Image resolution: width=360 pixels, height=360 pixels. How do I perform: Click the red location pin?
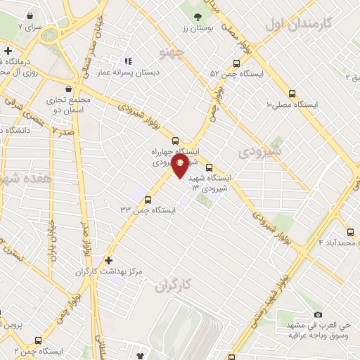tap(180, 167)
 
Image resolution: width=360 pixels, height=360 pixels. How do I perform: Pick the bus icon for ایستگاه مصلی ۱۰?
tap(292, 93)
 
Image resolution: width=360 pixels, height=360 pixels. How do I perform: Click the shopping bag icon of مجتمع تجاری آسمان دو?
tap(68, 89)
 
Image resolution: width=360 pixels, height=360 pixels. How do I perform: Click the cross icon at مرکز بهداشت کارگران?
tap(108, 259)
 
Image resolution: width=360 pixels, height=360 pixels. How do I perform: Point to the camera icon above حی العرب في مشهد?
tap(318, 314)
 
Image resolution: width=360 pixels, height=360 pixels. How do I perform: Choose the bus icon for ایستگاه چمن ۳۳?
tap(148, 199)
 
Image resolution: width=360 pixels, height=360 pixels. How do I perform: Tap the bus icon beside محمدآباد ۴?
tap(350, 232)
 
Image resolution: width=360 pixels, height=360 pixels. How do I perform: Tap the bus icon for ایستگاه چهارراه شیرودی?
tap(175, 140)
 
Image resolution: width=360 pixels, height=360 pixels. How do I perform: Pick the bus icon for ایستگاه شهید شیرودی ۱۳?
tap(210, 167)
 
